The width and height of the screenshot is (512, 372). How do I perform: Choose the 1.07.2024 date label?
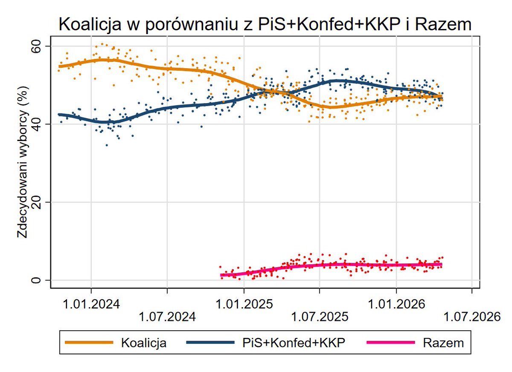click(167, 317)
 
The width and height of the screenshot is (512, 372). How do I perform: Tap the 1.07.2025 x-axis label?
click(320, 317)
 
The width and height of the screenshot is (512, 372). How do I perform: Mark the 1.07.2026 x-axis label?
click(471, 317)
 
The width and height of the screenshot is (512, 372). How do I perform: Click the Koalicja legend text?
click(144, 343)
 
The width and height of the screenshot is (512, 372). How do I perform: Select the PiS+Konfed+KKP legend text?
click(293, 343)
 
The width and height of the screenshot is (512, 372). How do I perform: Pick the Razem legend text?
click(443, 343)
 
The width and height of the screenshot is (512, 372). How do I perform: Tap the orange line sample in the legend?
click(90, 343)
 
